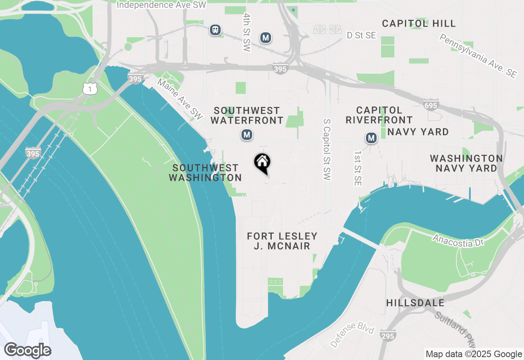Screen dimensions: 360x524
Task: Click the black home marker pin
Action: tap(262, 163)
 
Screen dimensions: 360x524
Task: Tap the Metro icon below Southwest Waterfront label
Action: tap(246, 135)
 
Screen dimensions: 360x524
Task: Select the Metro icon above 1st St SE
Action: tap(371, 138)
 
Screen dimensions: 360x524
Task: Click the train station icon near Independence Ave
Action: tap(215, 30)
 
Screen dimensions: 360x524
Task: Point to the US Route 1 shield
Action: tap(90, 88)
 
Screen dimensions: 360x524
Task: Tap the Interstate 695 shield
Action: tap(431, 106)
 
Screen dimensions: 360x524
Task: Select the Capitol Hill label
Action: tap(419, 24)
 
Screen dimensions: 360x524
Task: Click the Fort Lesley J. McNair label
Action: tap(282, 241)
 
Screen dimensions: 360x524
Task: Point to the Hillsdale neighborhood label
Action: tap(415, 303)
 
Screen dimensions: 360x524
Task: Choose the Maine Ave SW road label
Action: tap(180, 99)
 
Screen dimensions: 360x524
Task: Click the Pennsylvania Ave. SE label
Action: tap(478, 56)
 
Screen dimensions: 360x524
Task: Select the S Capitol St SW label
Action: tap(327, 150)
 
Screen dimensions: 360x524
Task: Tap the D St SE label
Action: tap(361, 36)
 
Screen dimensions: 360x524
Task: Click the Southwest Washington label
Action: tap(205, 173)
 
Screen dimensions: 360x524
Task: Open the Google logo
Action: tap(27, 351)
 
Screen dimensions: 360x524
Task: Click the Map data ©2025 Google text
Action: tap(474, 354)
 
